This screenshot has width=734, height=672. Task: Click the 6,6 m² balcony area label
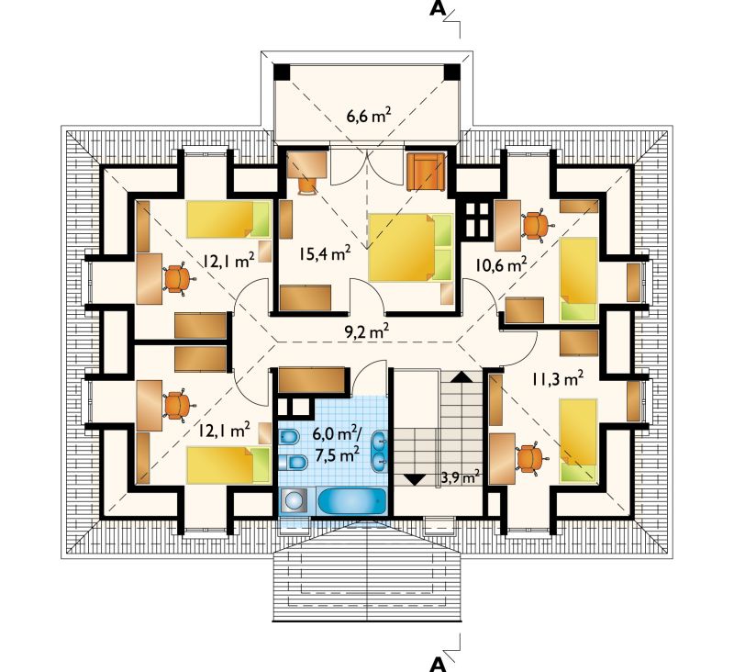(x=369, y=116)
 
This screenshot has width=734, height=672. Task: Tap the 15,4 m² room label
(x=326, y=253)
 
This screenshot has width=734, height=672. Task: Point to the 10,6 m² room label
(x=501, y=265)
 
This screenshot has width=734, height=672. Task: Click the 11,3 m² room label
(x=557, y=378)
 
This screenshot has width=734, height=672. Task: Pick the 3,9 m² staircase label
(x=461, y=477)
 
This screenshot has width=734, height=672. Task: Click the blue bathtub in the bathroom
(x=352, y=501)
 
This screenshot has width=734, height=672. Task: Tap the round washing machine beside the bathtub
(x=294, y=501)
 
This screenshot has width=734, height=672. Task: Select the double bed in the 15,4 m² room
(x=411, y=247)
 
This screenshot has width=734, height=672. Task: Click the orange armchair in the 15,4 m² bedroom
(x=422, y=172)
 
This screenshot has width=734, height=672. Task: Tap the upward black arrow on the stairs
(x=462, y=377)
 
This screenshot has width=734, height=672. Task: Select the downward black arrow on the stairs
(x=414, y=480)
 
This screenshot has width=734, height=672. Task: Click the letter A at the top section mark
(x=438, y=9)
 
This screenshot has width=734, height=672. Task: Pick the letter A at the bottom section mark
(x=438, y=665)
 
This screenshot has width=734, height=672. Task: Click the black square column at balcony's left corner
(x=283, y=73)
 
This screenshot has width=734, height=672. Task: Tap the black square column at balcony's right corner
(x=452, y=73)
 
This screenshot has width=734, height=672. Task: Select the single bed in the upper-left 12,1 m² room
(x=228, y=219)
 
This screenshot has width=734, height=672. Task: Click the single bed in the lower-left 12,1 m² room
(x=228, y=465)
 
